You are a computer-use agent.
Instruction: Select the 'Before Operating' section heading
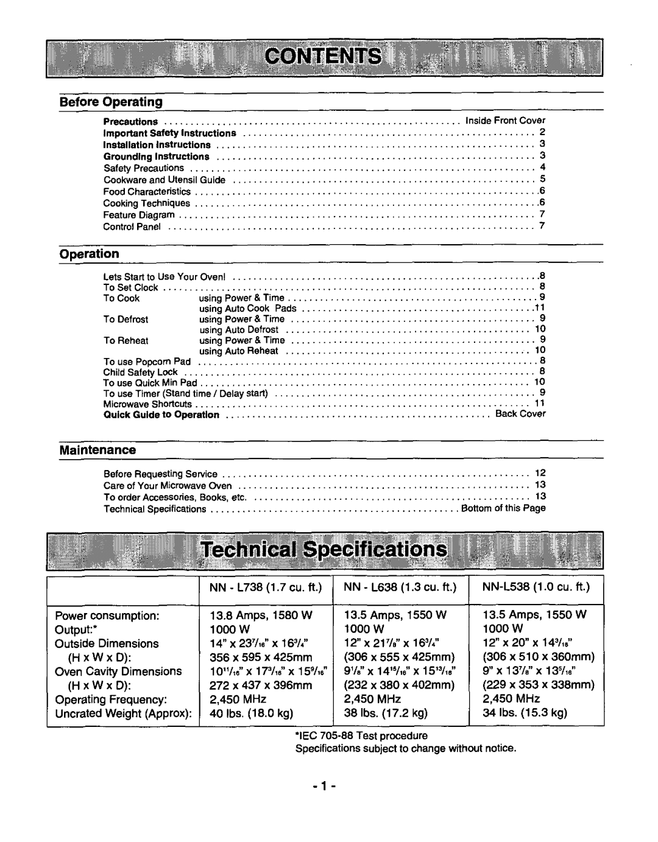point(111,101)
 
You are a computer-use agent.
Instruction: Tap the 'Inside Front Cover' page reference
point(505,121)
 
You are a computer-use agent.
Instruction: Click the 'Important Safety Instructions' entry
point(169,133)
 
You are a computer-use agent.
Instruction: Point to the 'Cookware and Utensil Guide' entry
point(164,180)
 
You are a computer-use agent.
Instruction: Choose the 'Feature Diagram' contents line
point(139,215)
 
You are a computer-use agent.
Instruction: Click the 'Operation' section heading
point(89,253)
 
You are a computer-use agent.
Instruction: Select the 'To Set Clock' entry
point(130,287)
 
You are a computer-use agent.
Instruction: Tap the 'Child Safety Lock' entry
point(140,371)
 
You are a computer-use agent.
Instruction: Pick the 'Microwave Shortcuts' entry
point(147,404)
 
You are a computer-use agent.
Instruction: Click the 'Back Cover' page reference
point(520,413)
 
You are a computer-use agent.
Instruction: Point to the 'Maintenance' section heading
point(97,450)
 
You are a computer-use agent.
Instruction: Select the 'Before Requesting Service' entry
point(160,474)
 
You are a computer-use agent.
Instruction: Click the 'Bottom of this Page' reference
point(503,508)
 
